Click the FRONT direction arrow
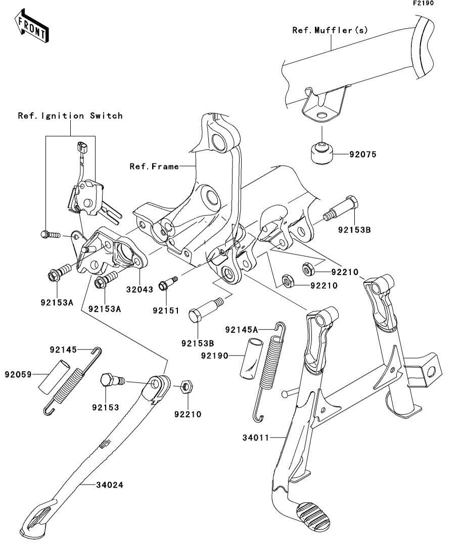32,26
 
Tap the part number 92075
363,154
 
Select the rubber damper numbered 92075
322,153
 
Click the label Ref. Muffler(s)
330,30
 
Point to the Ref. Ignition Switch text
70,116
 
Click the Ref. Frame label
154,166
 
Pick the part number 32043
140,289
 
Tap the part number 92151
166,310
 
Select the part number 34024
110,485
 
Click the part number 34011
256,438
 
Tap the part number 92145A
242,330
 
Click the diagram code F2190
423,3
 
